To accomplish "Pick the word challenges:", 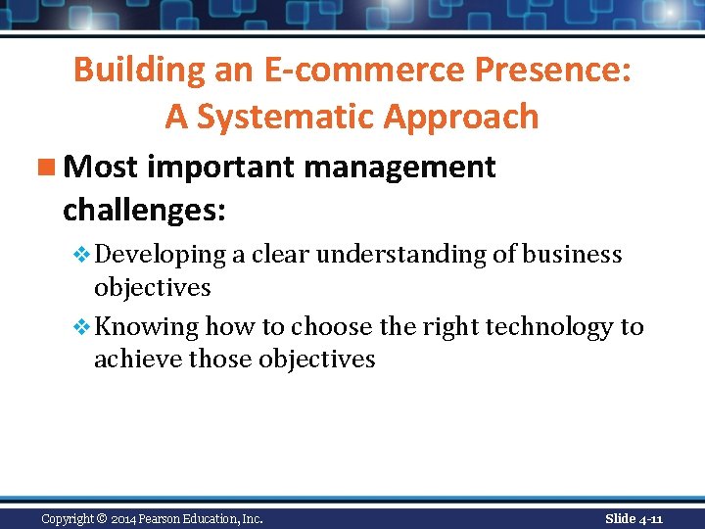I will point(144,209).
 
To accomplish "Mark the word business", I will point(572,255).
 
